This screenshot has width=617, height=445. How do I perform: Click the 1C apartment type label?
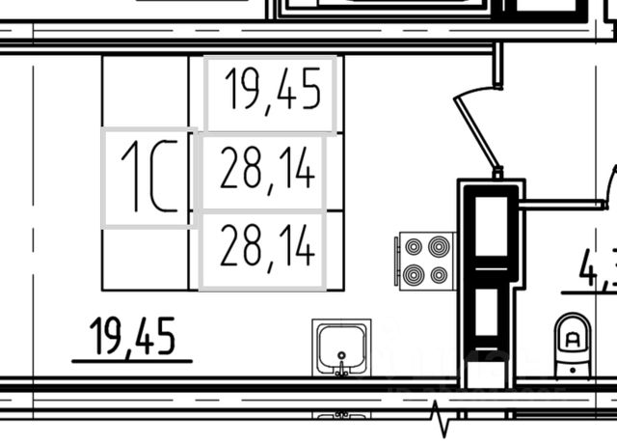coord(149,178)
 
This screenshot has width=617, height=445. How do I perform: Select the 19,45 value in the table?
coord(271,94)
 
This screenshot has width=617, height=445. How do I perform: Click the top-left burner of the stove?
coord(415,245)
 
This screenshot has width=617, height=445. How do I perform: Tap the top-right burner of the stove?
coord(439,245)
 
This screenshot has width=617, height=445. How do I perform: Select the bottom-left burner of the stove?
coord(415,274)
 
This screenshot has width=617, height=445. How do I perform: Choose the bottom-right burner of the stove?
coord(439,274)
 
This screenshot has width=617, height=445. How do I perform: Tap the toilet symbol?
coord(572,343)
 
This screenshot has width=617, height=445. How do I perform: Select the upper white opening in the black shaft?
coord(492,227)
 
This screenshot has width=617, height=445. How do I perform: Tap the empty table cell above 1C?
coord(146,91)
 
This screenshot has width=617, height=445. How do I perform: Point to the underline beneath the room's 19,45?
coord(132,361)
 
